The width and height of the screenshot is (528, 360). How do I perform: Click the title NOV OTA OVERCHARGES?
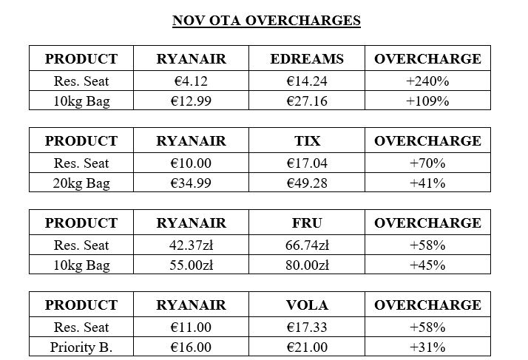266,20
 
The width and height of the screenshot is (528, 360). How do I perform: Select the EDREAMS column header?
307,59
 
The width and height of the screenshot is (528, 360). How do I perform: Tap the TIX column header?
307,141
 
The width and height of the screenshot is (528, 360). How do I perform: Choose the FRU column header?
307,223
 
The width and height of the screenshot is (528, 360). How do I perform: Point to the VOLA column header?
307,305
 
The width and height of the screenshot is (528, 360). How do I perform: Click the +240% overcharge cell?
427,81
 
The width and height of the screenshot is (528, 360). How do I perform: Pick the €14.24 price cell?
307,81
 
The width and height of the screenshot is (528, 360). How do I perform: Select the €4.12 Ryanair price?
191,81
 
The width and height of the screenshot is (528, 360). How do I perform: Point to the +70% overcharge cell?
427,163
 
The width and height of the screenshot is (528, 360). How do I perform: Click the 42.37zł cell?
191,245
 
